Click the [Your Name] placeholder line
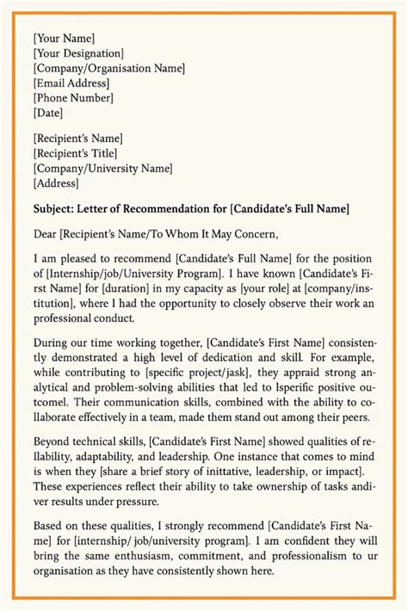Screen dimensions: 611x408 [64, 38]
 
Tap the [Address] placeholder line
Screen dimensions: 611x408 [56, 182]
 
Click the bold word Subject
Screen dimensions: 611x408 [54, 207]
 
